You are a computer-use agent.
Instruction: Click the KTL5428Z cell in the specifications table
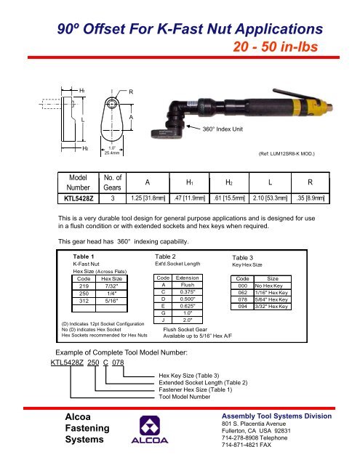pyautogui.click(x=79, y=198)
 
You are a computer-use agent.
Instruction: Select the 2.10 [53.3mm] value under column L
pyautogui.click(x=270, y=198)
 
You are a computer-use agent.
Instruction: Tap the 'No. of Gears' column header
pyautogui.click(x=112, y=182)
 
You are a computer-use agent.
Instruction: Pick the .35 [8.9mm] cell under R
pyautogui.click(x=311, y=198)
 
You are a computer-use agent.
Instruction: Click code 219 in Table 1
pyautogui.click(x=84, y=286)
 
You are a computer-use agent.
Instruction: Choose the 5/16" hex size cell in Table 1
pyautogui.click(x=111, y=301)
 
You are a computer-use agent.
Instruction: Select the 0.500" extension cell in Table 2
pyautogui.click(x=187, y=299)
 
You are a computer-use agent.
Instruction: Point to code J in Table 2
pyautogui.click(x=163, y=320)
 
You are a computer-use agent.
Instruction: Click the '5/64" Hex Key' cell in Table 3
pyautogui.click(x=273, y=300)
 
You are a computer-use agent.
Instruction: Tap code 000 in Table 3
pyautogui.click(x=242, y=286)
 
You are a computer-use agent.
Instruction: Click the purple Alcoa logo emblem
pyautogui.click(x=150, y=426)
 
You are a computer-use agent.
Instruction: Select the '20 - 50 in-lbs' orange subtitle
pyautogui.click(x=275, y=46)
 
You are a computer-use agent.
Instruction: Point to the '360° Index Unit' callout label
pyautogui.click(x=223, y=129)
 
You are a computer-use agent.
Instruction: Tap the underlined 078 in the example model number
pyautogui.click(x=118, y=363)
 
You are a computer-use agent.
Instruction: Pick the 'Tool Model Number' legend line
pyautogui.click(x=184, y=397)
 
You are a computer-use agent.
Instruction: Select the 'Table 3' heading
pyautogui.click(x=242, y=258)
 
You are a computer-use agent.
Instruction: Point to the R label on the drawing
pyautogui.click(x=131, y=92)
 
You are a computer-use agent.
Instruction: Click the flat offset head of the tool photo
pyautogui.click(x=167, y=134)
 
